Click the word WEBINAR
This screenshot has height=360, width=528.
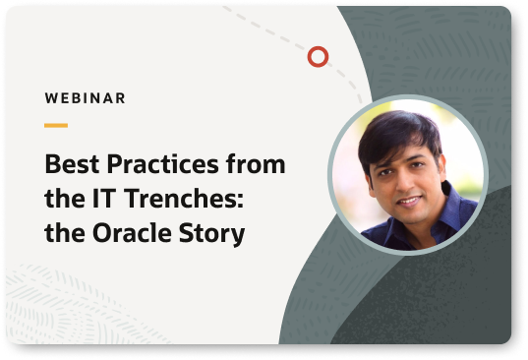(85, 98)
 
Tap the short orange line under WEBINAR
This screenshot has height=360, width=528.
(56, 125)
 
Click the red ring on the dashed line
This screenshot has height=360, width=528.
(318, 57)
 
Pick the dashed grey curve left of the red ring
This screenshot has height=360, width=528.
(270, 34)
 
